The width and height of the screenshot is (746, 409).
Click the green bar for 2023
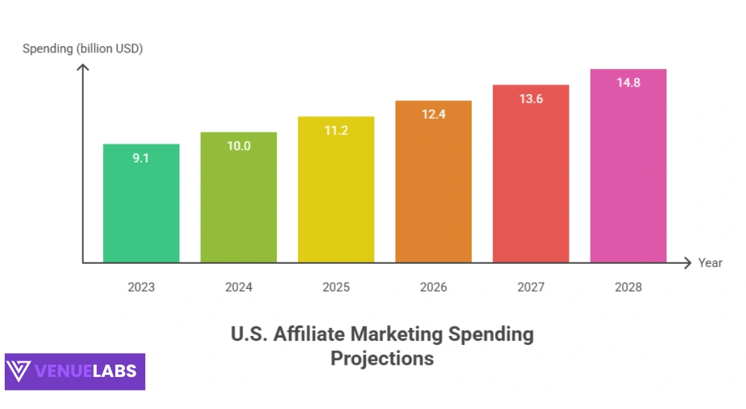141,204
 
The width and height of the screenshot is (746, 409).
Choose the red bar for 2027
531,177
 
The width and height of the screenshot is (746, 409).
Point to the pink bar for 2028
628,170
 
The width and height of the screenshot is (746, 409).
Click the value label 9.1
141,157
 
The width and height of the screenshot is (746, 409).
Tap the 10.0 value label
239,145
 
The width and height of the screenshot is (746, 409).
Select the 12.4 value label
434,114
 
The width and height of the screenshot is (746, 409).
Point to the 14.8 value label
628,83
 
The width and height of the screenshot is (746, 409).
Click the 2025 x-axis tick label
336,287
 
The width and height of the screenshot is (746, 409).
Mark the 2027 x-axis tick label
531,287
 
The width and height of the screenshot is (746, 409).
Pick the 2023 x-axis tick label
141,287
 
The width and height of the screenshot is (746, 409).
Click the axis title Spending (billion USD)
83,48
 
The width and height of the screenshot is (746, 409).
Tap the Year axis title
710,263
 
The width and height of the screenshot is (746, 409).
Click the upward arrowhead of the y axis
83,67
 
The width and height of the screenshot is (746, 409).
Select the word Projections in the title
382,358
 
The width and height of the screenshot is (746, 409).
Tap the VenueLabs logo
75,372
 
